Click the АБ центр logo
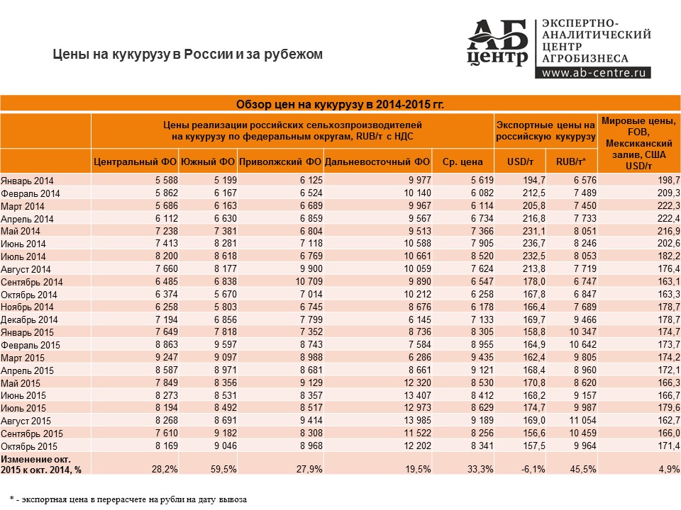(497, 43)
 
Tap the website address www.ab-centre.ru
(593, 72)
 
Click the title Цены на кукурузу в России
(187, 55)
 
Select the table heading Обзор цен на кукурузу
(340, 105)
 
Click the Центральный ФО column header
(135, 161)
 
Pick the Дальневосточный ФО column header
(377, 161)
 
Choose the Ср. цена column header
(463, 161)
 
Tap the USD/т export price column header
(520, 161)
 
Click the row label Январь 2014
(27, 181)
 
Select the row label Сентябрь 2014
(32, 283)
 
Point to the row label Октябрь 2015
(29, 446)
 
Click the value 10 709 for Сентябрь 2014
(309, 281)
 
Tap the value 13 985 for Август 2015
(417, 420)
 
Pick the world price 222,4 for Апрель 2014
(669, 219)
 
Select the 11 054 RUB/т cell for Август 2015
(583, 420)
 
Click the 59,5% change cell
(223, 469)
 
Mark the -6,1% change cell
(533, 469)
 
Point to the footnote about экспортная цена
(128, 499)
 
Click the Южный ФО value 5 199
(226, 180)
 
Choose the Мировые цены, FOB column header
(638, 143)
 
